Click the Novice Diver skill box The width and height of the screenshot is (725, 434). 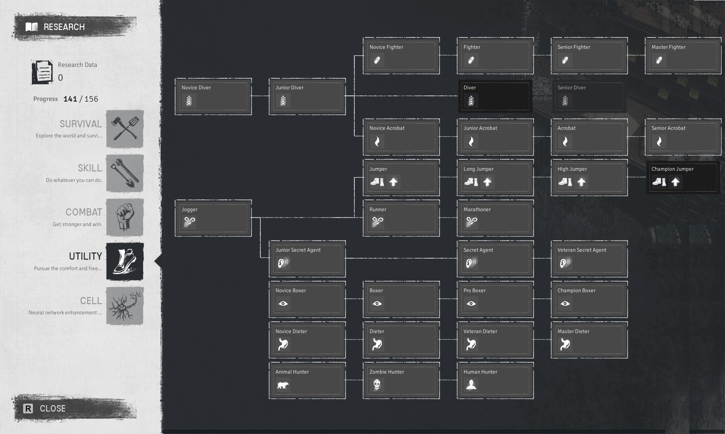pos(213,97)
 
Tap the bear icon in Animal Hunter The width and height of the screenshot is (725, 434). pos(283,385)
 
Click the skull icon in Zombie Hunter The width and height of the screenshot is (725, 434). pos(377,385)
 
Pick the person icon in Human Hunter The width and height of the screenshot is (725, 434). pos(471,385)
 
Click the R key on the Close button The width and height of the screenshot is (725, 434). pos(28,409)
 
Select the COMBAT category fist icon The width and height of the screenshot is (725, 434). pos(125,217)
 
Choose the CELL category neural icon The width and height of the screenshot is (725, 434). pos(125,306)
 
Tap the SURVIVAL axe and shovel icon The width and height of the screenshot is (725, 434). pos(125,129)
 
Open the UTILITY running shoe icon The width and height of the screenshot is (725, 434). pos(125,261)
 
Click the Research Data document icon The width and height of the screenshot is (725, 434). pos(42,72)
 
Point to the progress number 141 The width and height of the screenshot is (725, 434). pos(70,99)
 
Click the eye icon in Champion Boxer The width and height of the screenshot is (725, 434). pos(565,303)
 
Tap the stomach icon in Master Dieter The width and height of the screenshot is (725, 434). pos(565,344)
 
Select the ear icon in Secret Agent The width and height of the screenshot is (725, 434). pos(471,263)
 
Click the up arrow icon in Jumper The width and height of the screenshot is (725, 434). pos(393,182)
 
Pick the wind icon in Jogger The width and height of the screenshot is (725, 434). pos(189,222)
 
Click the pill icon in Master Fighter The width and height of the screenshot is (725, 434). pos(659,60)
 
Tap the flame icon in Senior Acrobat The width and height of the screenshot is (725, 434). pos(659,141)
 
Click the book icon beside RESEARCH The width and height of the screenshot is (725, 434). pos(32,27)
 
